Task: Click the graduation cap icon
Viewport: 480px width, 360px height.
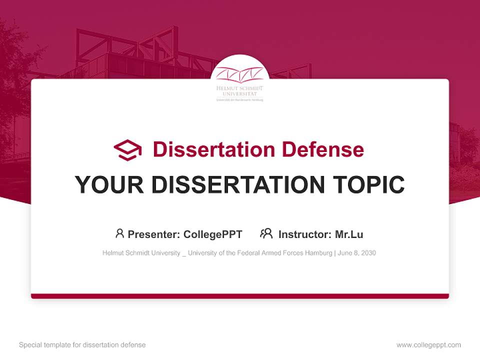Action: coord(127,150)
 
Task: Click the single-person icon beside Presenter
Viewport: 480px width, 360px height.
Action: coord(119,233)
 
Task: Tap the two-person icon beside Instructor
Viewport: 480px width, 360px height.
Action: coord(266,233)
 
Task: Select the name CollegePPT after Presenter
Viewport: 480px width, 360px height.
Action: coord(213,234)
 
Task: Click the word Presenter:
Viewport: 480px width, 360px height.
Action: coord(154,234)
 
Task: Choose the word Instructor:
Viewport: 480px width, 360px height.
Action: coord(304,234)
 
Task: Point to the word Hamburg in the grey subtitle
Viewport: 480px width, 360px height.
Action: coord(319,253)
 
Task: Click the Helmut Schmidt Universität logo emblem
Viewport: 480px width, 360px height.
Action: coord(239,75)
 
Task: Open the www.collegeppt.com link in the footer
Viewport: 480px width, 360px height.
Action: coord(428,345)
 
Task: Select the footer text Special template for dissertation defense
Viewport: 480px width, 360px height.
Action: coord(82,345)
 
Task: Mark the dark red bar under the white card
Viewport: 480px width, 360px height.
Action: coord(240,296)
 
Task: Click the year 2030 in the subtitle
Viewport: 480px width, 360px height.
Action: coord(367,253)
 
